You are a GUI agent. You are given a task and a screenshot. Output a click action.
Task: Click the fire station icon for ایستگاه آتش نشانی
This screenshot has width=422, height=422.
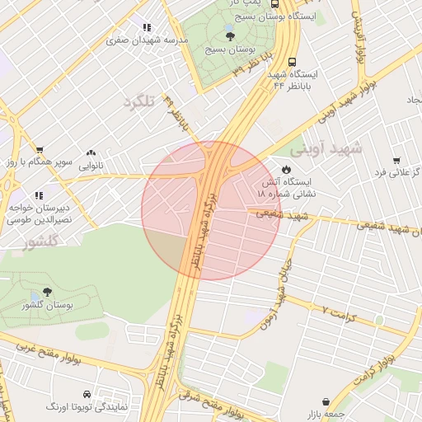pos(285,167)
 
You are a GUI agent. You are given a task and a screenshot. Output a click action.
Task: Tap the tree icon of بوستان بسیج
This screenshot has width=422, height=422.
pos(229,35)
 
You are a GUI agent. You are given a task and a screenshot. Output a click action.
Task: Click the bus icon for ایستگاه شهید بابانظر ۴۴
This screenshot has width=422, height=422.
pos(292,62)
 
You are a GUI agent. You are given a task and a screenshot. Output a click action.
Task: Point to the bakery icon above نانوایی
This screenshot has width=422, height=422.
pos(91,153)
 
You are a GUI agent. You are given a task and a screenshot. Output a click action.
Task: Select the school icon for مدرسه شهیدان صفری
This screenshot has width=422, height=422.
pos(147,27)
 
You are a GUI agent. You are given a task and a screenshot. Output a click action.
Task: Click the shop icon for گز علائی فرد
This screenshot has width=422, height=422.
pos(396,161)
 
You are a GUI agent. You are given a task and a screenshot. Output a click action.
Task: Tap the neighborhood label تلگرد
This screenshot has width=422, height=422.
pos(139,102)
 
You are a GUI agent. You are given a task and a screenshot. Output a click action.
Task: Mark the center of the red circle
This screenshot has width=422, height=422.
pos(211,211)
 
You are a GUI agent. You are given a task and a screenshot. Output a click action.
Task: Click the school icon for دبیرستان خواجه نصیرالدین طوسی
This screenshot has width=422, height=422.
pos(16,196)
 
